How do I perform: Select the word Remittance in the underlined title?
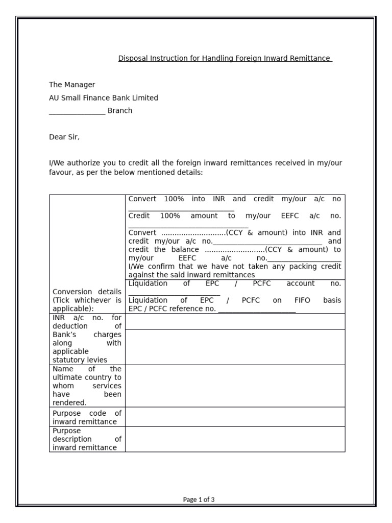click(311, 59)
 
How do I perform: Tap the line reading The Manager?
click(72, 85)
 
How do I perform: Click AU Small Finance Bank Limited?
click(104, 98)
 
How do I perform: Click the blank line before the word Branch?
click(77, 111)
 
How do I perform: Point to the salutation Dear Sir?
click(64, 137)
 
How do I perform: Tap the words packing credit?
click(319, 267)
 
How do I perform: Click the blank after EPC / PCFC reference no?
click(257, 310)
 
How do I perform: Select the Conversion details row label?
click(87, 292)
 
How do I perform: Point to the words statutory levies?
click(80, 360)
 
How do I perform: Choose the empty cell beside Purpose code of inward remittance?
click(235, 417)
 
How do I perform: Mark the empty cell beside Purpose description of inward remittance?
click(235, 439)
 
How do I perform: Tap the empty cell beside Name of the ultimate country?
click(235, 386)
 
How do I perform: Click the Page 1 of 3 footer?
click(199, 500)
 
